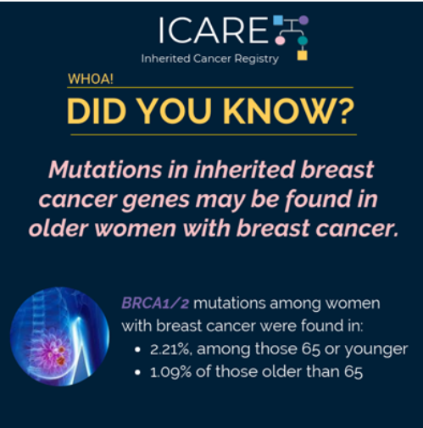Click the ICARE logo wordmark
213,30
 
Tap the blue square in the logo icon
278,20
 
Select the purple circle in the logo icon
303,20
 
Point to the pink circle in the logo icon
280,41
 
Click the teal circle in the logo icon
303,41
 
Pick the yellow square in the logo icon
303,55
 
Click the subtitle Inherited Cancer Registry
210,58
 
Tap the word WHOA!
91,79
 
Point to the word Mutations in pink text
105,170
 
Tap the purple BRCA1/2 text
155,303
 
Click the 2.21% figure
171,349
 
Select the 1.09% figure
170,372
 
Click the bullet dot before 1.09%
137,373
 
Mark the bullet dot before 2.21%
137,350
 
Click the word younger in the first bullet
376,350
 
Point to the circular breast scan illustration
59,336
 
